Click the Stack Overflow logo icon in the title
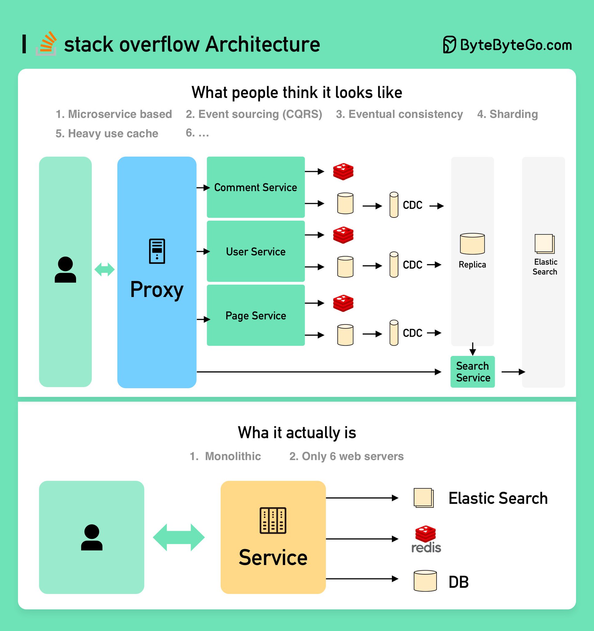(x=46, y=44)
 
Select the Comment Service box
(x=255, y=187)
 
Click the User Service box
(x=255, y=251)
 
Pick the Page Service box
(x=255, y=315)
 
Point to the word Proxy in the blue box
(x=157, y=290)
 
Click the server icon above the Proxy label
(x=157, y=251)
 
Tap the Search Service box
(x=473, y=372)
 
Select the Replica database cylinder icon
(x=472, y=244)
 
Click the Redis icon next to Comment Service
(x=343, y=172)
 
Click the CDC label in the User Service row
(x=412, y=265)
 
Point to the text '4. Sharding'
(x=507, y=114)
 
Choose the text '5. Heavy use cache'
(x=107, y=133)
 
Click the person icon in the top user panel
(x=65, y=270)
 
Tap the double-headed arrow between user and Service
(x=179, y=537)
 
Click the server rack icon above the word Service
(x=273, y=520)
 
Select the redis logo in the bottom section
(x=426, y=539)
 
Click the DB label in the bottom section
(x=458, y=582)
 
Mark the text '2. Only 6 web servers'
(x=346, y=456)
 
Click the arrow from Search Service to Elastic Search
(x=513, y=372)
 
